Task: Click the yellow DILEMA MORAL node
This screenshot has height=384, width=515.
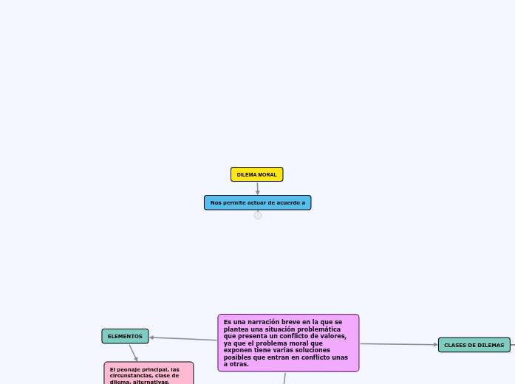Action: (x=256, y=174)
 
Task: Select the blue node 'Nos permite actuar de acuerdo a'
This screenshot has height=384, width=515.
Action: (x=257, y=202)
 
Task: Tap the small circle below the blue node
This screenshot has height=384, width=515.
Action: (x=258, y=216)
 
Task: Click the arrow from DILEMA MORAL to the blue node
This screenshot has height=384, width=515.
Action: (x=257, y=188)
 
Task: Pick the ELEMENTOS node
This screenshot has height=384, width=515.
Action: (x=125, y=336)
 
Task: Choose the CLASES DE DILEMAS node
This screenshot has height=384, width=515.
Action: (x=474, y=345)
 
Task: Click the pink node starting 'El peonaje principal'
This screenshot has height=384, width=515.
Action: (x=149, y=373)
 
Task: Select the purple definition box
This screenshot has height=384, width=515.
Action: (x=288, y=343)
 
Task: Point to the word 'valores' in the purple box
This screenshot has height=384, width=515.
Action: (x=332, y=336)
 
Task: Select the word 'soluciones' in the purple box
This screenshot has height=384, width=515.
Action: (x=328, y=350)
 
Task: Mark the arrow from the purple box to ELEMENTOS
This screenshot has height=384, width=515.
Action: (x=183, y=339)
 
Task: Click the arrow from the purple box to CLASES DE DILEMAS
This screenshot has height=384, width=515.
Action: (x=399, y=344)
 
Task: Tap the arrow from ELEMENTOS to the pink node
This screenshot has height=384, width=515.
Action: (x=133, y=352)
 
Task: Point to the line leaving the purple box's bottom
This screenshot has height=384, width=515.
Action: (x=284, y=378)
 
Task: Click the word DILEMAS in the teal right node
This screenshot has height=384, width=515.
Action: (x=489, y=345)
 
